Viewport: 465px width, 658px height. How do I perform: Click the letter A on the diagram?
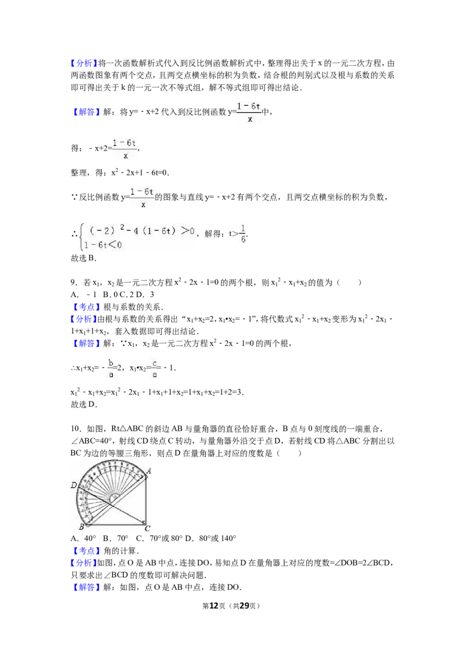149,471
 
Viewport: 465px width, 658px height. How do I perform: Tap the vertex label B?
81,527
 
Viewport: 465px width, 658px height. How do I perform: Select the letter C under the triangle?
148,528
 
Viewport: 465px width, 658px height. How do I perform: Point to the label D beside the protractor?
74,485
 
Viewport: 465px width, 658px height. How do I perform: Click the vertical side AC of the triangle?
146,500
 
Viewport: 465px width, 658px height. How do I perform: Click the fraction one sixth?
242,233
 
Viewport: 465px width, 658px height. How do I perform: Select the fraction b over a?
112,369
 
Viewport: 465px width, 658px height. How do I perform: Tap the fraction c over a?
155,369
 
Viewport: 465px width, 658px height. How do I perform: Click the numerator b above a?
112,363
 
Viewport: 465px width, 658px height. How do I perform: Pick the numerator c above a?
155,363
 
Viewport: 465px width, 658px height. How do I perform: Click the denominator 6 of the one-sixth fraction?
243,239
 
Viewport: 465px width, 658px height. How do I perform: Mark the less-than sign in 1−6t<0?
113,246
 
